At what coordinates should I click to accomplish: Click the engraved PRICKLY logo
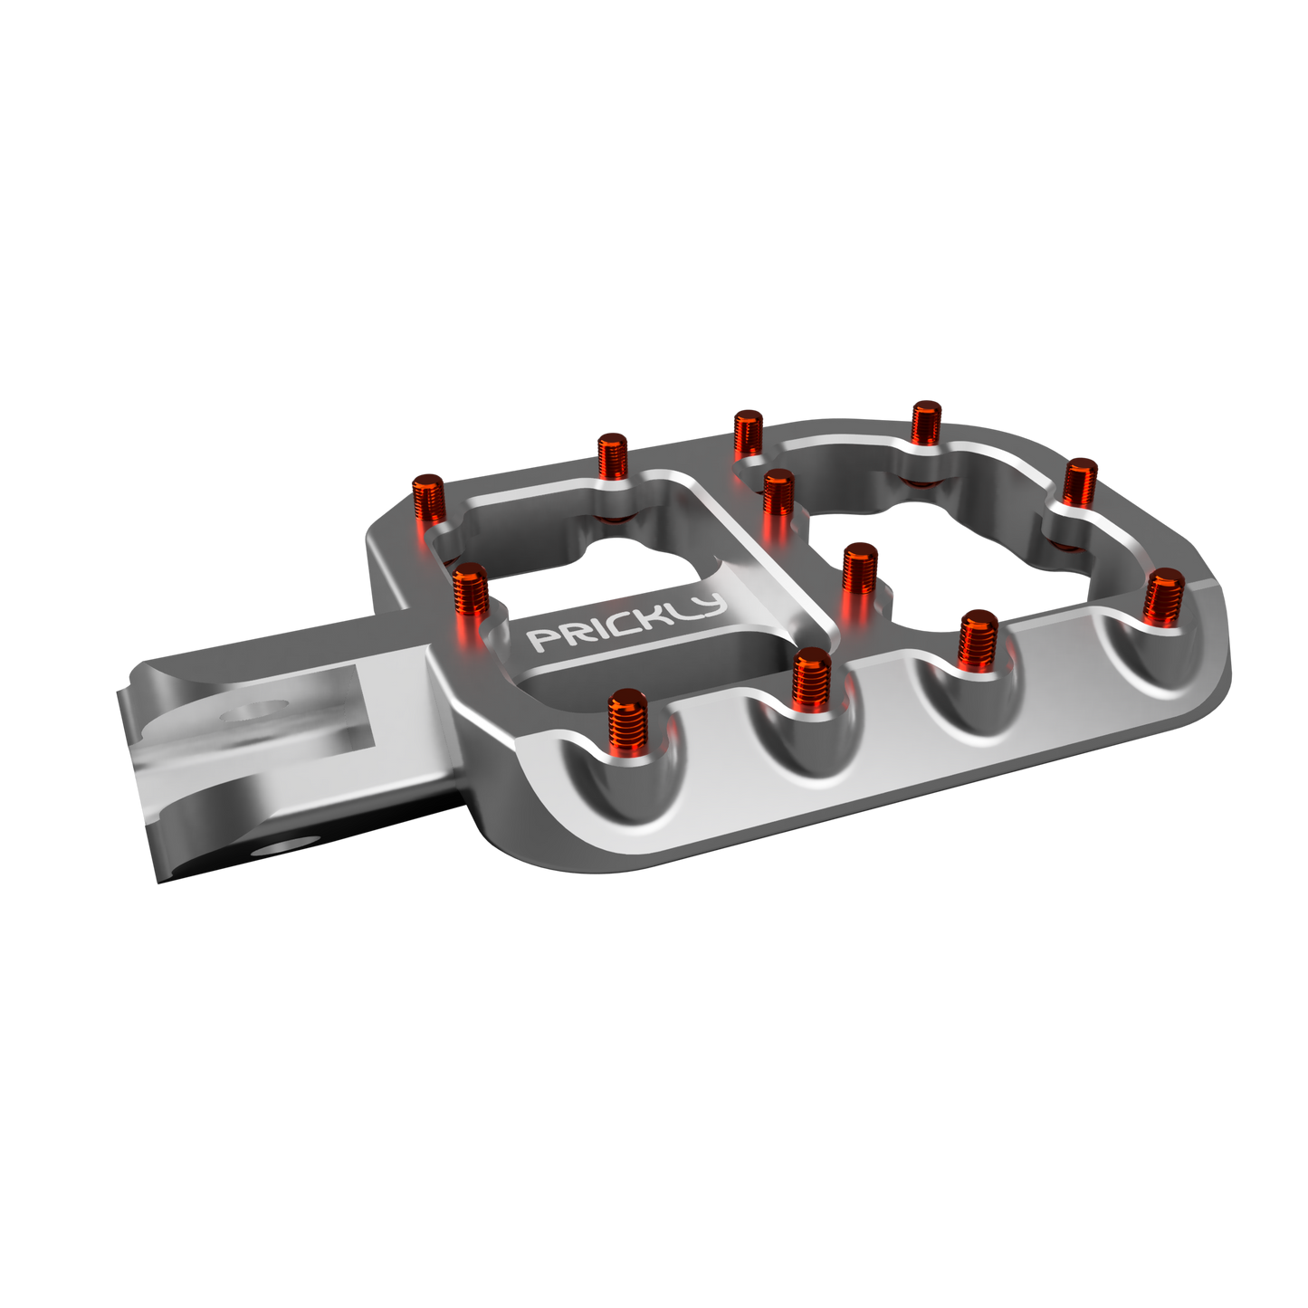point(627,624)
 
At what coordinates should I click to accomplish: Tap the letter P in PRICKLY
point(539,641)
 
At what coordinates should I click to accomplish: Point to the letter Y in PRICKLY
point(711,606)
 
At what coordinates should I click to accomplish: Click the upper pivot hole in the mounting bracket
point(254,713)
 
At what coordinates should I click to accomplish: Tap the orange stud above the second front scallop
point(811,679)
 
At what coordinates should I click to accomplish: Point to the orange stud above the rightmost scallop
point(1164,597)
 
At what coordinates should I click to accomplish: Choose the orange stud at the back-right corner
point(1079,482)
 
